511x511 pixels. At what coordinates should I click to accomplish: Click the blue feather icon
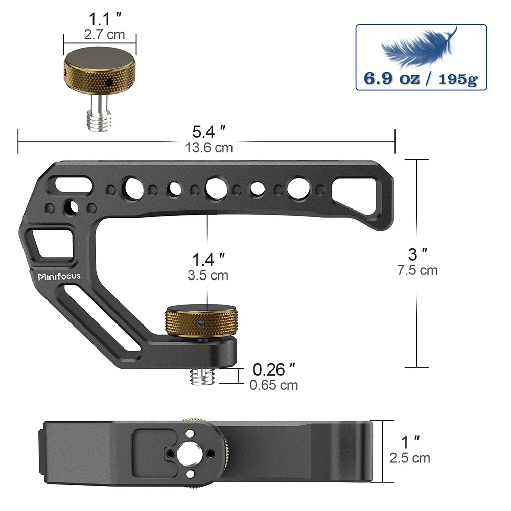pos(419,48)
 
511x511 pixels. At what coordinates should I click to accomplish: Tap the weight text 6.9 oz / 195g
pos(421,79)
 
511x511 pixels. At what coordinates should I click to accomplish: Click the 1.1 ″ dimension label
pos(101,21)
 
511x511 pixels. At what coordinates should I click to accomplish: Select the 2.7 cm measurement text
pos(101,36)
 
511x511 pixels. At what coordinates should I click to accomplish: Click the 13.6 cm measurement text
pos(209,148)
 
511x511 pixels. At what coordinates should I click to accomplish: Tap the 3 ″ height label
pos(417,254)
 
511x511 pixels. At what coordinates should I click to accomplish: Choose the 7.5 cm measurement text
pos(417,270)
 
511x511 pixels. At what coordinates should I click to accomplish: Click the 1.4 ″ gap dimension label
pos(207,259)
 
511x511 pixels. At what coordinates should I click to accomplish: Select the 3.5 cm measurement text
pos(207,275)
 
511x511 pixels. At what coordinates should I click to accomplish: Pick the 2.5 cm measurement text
pos(410,458)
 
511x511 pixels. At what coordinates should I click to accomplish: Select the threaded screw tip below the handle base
pos(201,377)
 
